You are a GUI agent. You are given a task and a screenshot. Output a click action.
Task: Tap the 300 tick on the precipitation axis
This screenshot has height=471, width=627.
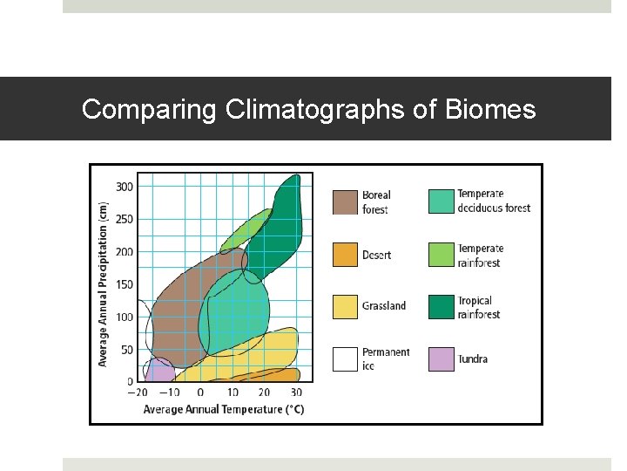click(125, 187)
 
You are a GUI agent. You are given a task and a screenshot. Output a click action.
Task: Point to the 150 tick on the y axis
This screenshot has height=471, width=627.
click(125, 284)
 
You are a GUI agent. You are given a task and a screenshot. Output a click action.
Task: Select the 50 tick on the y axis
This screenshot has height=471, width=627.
click(127, 350)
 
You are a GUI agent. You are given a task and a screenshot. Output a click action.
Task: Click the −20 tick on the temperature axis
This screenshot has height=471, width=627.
click(137, 393)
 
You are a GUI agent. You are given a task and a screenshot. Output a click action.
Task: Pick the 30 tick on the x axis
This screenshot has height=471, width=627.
click(296, 393)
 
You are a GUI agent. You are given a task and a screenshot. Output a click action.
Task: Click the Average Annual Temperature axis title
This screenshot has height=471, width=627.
click(224, 409)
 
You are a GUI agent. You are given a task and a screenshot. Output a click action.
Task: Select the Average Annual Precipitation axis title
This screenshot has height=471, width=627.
click(103, 284)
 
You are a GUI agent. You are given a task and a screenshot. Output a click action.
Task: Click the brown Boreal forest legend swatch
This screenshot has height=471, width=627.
click(346, 201)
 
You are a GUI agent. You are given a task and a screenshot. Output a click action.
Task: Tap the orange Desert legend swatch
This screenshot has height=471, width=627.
click(346, 255)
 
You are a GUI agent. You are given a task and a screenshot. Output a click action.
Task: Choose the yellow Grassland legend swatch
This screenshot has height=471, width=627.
click(346, 307)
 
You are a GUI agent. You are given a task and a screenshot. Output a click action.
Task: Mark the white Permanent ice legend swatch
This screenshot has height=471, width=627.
click(346, 358)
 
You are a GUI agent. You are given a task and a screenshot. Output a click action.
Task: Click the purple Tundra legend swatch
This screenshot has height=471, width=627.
click(442, 358)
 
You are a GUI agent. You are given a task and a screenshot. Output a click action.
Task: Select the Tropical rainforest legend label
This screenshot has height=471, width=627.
click(479, 307)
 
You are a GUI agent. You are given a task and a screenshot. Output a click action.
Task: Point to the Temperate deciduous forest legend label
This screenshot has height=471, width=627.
click(493, 201)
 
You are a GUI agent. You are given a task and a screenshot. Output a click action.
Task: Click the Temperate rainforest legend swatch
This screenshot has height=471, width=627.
click(442, 255)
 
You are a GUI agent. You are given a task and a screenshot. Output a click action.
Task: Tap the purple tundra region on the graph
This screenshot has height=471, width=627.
click(158, 372)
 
